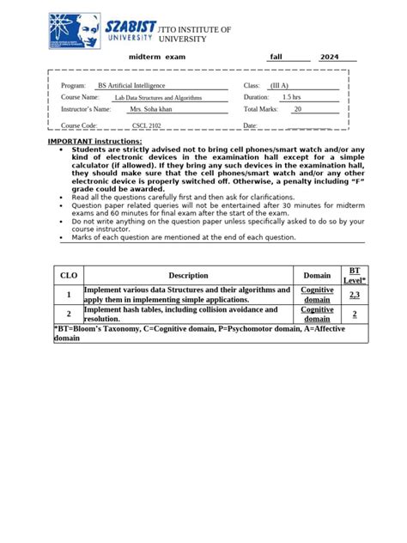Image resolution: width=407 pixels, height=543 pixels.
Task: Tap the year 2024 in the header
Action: [330, 57]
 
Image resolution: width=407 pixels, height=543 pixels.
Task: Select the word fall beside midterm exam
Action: [276, 57]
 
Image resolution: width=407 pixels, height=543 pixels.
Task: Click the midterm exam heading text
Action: [157, 57]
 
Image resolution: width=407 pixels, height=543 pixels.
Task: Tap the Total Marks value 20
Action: [297, 110]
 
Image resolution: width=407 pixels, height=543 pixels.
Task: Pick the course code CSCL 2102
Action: [151, 125]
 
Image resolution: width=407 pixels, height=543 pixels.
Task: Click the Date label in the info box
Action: [251, 125]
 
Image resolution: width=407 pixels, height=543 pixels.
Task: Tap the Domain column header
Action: [317, 275]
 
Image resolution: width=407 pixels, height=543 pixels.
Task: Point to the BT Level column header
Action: [355, 275]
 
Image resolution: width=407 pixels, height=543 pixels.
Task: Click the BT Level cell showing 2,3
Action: [355, 295]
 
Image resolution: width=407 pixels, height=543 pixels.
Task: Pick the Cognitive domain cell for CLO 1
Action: [317, 295]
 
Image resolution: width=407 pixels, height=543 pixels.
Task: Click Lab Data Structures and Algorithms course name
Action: [158, 98]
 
